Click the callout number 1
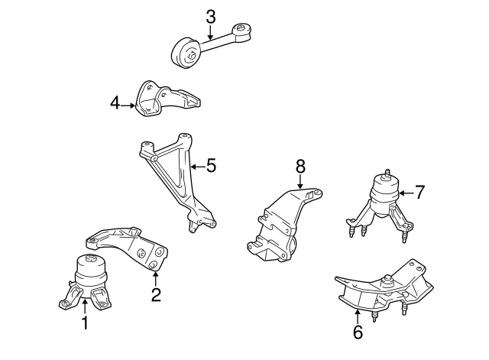click(85, 323)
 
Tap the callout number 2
click(156, 294)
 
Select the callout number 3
click(211, 16)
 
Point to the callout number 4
click(115, 103)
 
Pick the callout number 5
click(211, 164)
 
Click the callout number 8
click(300, 165)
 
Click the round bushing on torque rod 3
click(184, 51)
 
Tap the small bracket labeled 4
click(164, 100)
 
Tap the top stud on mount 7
click(387, 172)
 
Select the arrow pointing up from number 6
click(358, 313)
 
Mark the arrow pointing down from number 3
click(211, 32)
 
